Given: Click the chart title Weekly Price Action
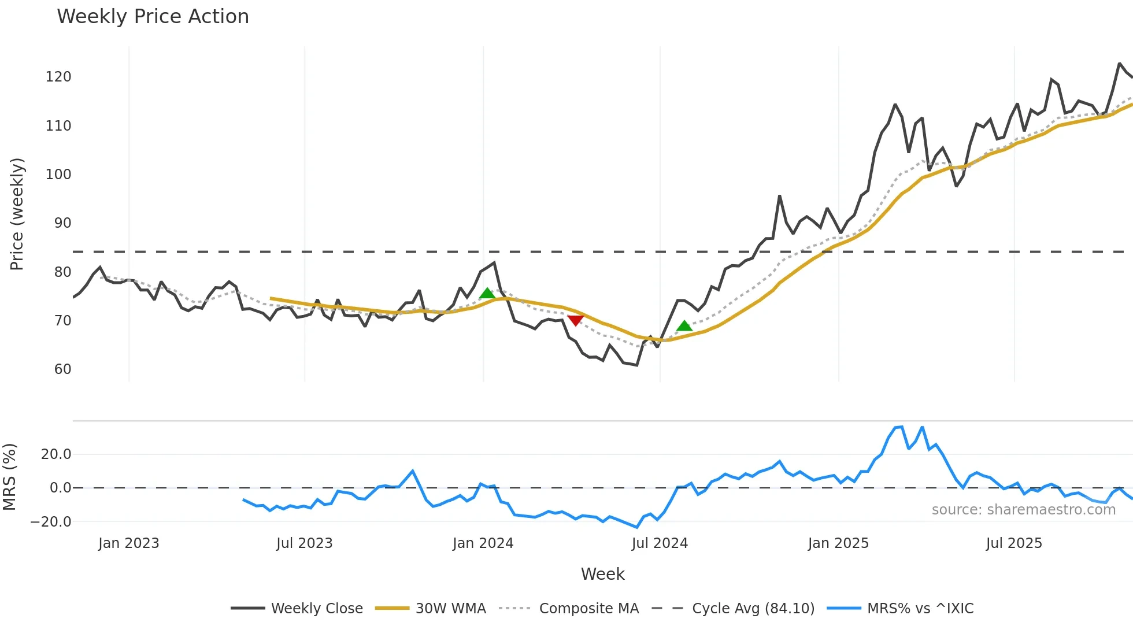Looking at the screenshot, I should point(153,17).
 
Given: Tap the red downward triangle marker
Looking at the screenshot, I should point(575,320).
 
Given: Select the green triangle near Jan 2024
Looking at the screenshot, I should point(487,294).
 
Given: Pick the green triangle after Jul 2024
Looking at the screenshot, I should point(684,326).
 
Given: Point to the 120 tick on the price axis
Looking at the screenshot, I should point(58,77).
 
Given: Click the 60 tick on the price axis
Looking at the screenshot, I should point(62,369).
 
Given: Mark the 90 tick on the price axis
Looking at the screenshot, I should point(62,223).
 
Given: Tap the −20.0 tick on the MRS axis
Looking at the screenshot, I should point(51,522).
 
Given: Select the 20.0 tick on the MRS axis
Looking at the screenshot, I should point(56,454).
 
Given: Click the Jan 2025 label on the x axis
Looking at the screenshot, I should point(838,543).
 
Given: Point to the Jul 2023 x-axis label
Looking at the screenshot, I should point(304,543).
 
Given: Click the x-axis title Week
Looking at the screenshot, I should point(602,574).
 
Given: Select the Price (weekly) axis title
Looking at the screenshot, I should point(17,214).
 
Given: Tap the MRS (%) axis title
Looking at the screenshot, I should point(9,477).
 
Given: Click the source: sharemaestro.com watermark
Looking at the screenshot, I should point(1023,510).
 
